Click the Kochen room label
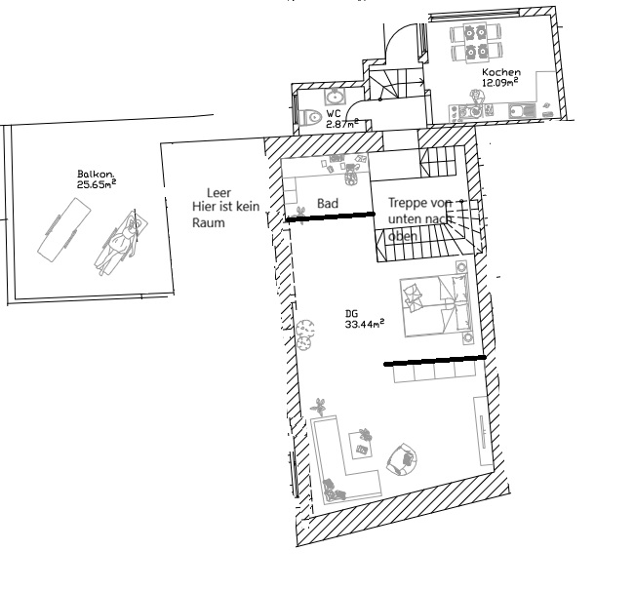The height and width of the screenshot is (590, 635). [x=501, y=72]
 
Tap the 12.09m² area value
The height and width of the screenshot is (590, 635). [x=500, y=82]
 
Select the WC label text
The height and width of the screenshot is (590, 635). [x=334, y=114]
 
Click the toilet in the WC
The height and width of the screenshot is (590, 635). [x=310, y=117]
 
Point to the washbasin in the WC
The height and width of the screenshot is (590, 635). [x=335, y=98]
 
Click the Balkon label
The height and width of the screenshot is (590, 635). [x=96, y=175]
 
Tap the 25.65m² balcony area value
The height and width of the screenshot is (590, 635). [x=97, y=184]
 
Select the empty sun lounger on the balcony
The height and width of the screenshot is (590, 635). [x=64, y=230]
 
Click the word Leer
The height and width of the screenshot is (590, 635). [x=219, y=193]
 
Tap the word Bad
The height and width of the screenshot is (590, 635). [x=328, y=203]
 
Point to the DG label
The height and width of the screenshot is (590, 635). [x=351, y=313]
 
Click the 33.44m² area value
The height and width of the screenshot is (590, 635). [x=365, y=324]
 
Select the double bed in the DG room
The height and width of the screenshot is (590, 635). [x=436, y=306]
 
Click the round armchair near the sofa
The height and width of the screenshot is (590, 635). [x=402, y=458]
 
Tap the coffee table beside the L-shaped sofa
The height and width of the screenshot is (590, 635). [x=361, y=445]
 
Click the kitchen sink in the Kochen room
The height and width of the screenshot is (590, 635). [x=522, y=111]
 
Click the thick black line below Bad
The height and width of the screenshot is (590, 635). [x=331, y=216]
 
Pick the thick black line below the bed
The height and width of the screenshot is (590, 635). [x=435, y=361]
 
